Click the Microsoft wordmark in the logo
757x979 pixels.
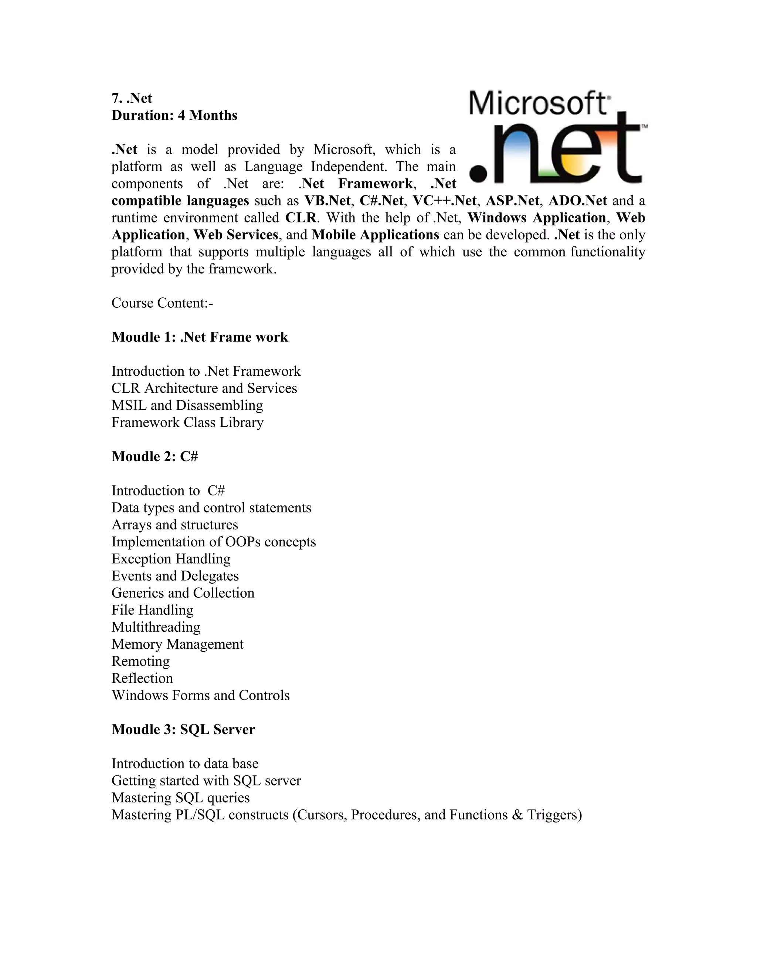[538, 103]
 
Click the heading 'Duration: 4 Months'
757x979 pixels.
[174, 115]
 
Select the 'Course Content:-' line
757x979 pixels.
[162, 303]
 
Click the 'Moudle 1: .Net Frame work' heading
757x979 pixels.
[200, 337]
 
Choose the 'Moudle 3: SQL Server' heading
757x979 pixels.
[183, 729]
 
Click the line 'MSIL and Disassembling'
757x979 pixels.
[187, 405]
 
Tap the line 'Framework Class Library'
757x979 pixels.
[187, 422]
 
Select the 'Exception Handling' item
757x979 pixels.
[171, 559]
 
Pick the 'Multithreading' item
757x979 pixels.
[156, 627]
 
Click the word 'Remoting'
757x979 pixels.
[140, 661]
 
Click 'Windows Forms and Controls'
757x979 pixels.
[200, 695]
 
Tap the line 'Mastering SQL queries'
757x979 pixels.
[180, 798]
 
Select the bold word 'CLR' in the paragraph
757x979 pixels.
[301, 218]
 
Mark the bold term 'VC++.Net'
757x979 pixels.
[444, 201]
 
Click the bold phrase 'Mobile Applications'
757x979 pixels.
[375, 235]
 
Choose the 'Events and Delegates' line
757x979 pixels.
[175, 576]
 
